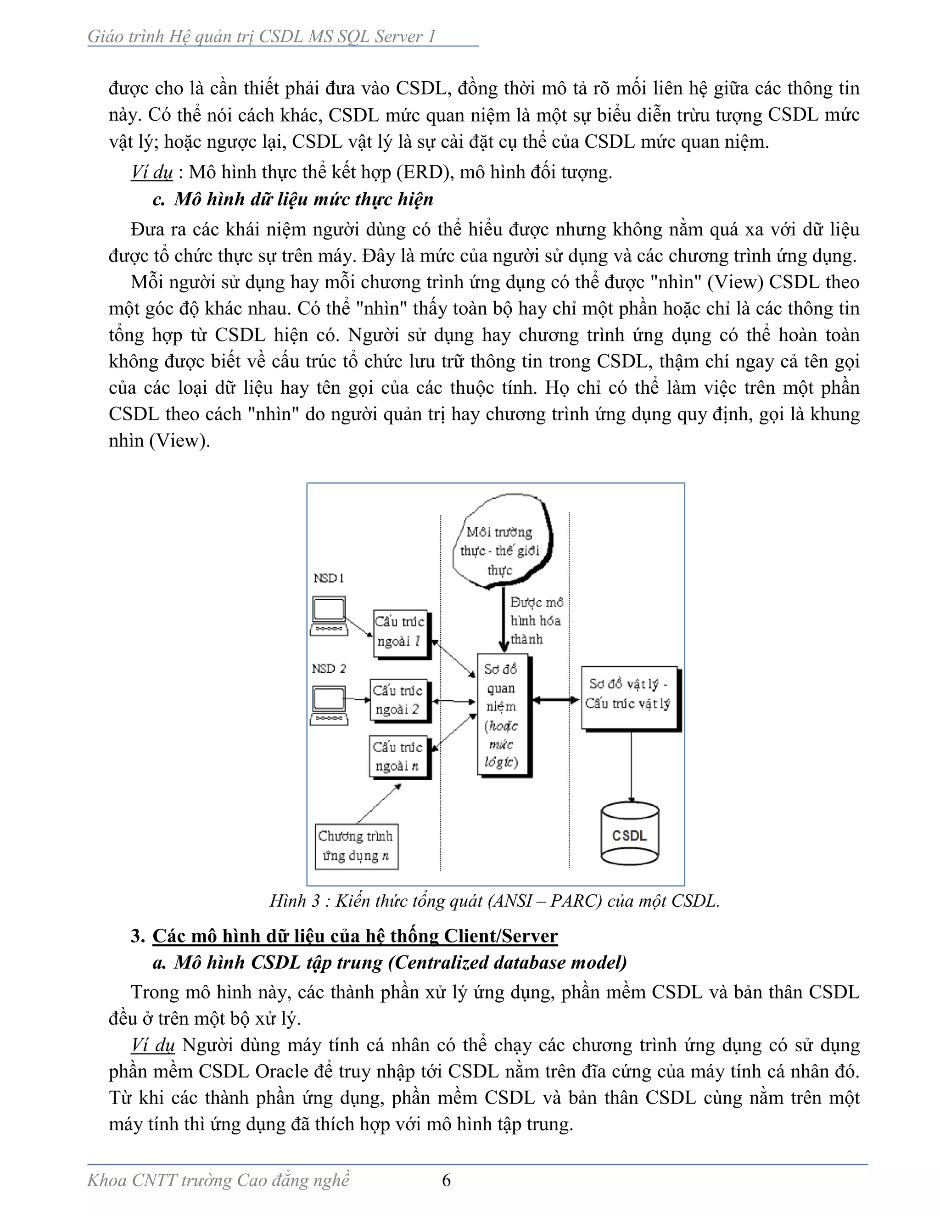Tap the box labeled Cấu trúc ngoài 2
[399, 700]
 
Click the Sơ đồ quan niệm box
[502, 715]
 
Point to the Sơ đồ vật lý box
[629, 697]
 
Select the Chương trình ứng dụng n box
[356, 846]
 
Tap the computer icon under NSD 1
[329, 616]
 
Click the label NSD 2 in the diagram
[329, 668]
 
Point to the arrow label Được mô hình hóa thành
[536, 620]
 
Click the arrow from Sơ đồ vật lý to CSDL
[631, 765]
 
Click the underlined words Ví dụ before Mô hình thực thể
[152, 172]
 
